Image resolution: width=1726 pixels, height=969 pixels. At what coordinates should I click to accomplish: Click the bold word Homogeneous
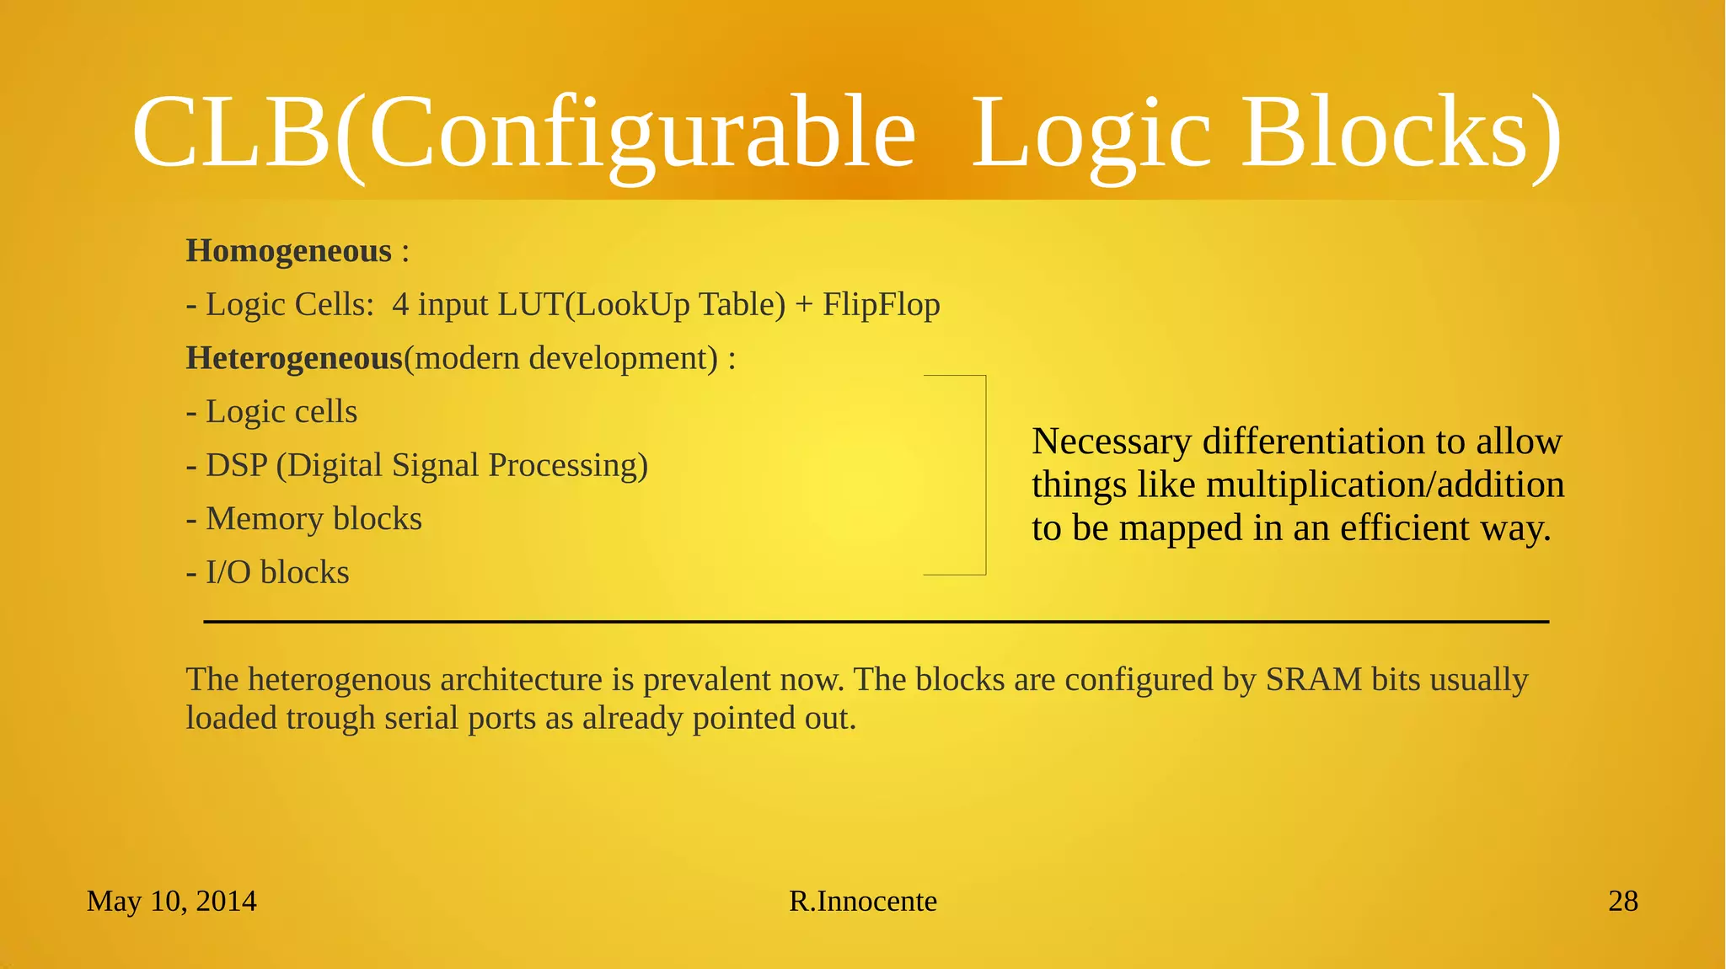pyautogui.click(x=288, y=251)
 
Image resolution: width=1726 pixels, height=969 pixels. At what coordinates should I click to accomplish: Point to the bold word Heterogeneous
pyautogui.click(x=294, y=358)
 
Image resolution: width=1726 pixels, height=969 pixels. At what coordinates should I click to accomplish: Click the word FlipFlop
pyautogui.click(x=881, y=304)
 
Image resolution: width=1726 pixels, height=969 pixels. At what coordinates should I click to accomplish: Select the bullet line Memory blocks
pyautogui.click(x=313, y=519)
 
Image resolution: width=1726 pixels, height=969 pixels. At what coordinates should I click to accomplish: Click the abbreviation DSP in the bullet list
pyautogui.click(x=236, y=465)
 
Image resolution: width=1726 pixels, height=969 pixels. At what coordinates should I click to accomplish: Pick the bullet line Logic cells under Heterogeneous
pyautogui.click(x=281, y=412)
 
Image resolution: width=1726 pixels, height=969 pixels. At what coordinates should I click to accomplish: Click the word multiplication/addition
pyautogui.click(x=1385, y=485)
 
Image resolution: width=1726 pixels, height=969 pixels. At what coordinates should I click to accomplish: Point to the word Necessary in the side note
pyautogui.click(x=1112, y=442)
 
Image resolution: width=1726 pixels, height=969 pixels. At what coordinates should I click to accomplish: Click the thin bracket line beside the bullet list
pyautogui.click(x=985, y=475)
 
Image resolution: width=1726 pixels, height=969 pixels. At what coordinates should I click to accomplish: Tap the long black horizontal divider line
pyautogui.click(x=876, y=622)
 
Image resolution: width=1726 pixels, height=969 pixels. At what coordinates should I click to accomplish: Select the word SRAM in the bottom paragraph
pyautogui.click(x=1313, y=679)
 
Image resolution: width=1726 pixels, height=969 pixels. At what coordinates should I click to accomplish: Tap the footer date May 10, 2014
pyautogui.click(x=171, y=902)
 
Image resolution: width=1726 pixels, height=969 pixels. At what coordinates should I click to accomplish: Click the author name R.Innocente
pyautogui.click(x=862, y=902)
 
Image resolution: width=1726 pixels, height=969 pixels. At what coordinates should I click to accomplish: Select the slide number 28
pyautogui.click(x=1622, y=902)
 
